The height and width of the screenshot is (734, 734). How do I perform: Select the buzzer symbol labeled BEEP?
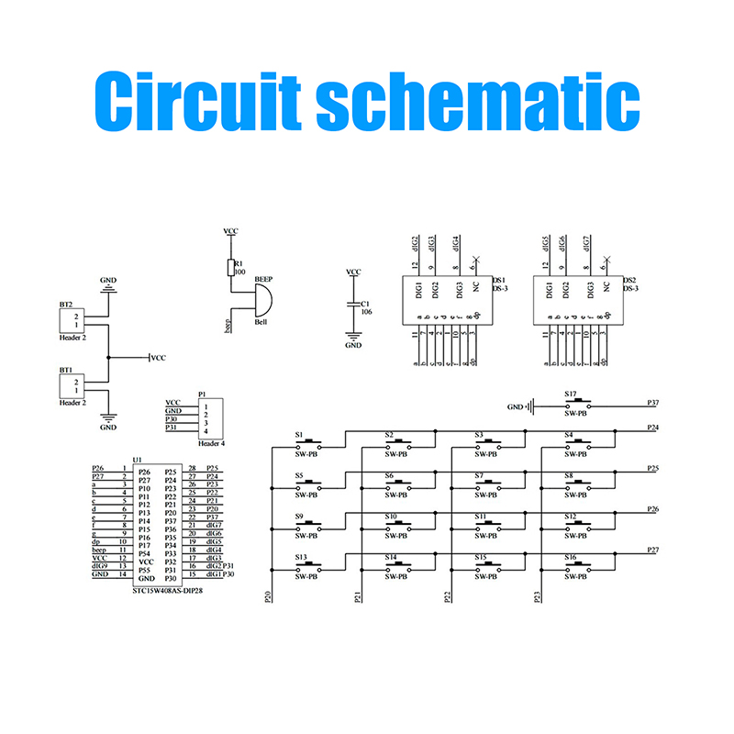[x=261, y=297]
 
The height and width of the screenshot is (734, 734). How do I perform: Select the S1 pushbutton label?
[x=299, y=434]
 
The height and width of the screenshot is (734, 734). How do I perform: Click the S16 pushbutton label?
[x=570, y=557]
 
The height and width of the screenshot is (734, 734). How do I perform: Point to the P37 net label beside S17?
[x=652, y=403]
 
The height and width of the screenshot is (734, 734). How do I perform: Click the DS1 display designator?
[x=500, y=280]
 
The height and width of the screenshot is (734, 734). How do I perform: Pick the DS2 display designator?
[x=629, y=280]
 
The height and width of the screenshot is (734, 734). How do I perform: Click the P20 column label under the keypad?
[x=268, y=596]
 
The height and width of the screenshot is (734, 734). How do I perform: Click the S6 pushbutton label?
[x=389, y=475]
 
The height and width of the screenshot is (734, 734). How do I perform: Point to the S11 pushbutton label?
[x=479, y=517]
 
